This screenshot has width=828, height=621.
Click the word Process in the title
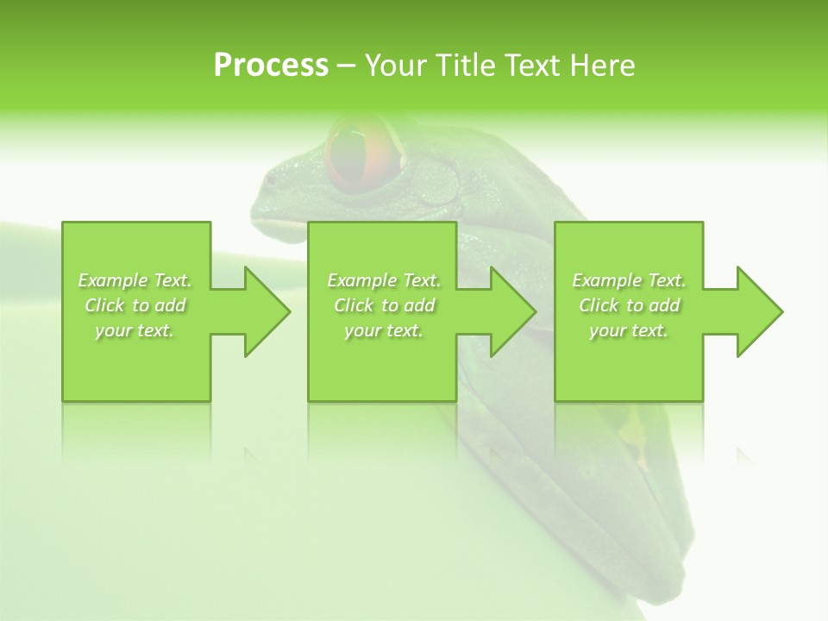[x=271, y=65]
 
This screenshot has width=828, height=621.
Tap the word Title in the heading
[x=462, y=65]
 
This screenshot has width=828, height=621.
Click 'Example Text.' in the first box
[x=135, y=280]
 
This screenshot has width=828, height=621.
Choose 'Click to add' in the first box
[x=135, y=305]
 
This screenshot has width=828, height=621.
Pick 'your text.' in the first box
[x=135, y=330]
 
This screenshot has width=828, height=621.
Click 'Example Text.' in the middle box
[x=384, y=280]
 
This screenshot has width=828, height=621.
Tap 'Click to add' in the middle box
[x=384, y=305]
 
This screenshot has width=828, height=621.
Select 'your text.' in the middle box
[x=384, y=330]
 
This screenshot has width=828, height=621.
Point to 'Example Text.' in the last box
[x=629, y=280]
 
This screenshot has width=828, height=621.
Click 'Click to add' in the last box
[x=629, y=305]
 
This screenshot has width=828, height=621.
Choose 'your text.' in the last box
[x=629, y=330]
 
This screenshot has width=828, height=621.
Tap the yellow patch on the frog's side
[x=634, y=427]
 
